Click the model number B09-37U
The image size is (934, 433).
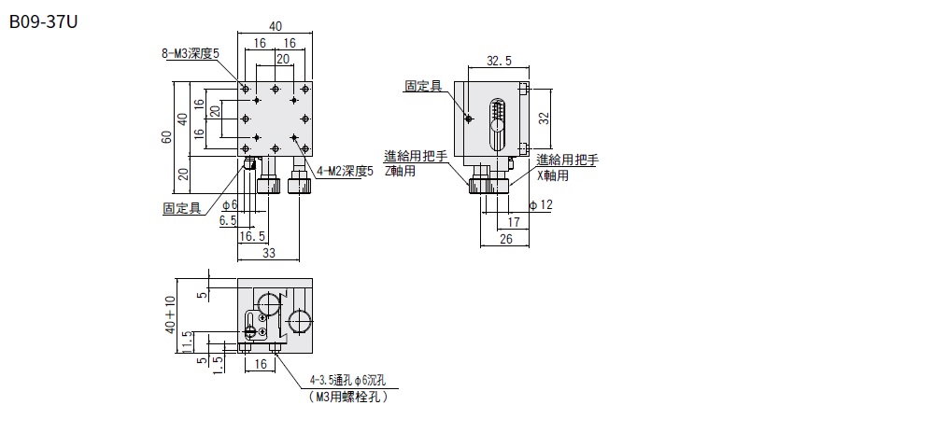click(44, 22)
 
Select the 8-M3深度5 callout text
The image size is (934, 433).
click(191, 53)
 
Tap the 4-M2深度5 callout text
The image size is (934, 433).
click(345, 172)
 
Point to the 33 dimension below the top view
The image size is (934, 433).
click(269, 253)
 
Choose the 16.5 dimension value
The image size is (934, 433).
click(252, 236)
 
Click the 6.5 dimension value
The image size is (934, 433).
click(228, 220)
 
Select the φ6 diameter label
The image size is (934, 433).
click(230, 205)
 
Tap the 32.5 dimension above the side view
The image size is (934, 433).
click(499, 61)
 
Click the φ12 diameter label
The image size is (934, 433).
click(541, 205)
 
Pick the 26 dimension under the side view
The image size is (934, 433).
click(505, 239)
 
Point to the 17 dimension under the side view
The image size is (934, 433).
click(514, 222)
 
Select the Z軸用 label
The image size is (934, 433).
click(400, 172)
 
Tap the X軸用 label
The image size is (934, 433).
click(553, 175)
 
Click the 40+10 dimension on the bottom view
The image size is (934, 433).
click(172, 314)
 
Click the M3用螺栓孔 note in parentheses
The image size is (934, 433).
click(348, 397)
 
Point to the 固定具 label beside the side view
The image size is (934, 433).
click(423, 86)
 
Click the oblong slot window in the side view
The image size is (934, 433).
click(497, 124)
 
